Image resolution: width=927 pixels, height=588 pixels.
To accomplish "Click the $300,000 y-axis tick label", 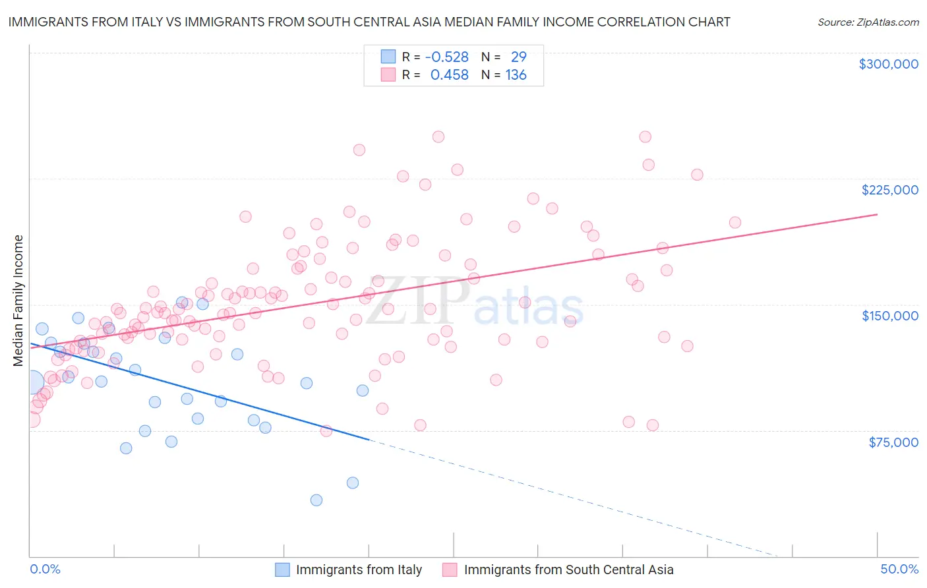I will tap(888, 64).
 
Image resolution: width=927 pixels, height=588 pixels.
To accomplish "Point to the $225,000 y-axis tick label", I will tap(889, 190).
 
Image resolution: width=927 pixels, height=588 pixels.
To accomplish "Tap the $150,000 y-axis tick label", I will tap(889, 316).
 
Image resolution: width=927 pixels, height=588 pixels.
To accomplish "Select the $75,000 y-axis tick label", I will tap(893, 442).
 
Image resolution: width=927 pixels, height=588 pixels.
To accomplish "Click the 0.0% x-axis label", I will tap(45, 569).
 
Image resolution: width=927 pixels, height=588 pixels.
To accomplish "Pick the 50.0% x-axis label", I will tap(899, 569).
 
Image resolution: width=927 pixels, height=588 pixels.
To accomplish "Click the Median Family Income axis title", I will tap(18, 300).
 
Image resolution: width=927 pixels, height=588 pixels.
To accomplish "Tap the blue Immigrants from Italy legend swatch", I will tap(282, 570).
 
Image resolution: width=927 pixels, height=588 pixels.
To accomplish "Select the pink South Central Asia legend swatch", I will tap(450, 570).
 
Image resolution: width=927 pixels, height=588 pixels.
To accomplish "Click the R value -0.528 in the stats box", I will tap(446, 57).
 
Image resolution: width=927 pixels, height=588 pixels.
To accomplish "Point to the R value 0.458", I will tap(449, 75).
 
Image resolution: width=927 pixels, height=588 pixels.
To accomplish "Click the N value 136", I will tap(516, 75).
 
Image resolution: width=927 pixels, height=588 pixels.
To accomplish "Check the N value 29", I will tap(518, 57).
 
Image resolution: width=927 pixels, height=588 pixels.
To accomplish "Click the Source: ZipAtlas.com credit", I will tap(868, 22).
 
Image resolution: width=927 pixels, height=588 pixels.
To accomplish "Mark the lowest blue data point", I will tap(316, 500).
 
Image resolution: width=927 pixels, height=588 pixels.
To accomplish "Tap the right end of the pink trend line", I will tap(877, 214).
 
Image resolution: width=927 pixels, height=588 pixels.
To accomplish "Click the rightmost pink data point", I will tap(734, 223).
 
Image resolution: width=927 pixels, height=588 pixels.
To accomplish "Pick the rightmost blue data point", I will tap(362, 390).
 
